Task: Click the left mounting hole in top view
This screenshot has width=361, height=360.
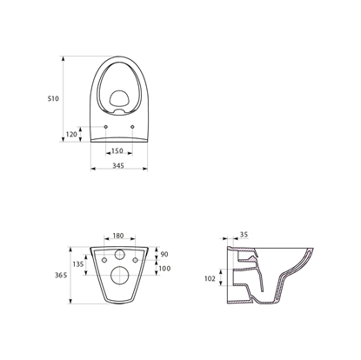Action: pyautogui.click(x=105, y=126)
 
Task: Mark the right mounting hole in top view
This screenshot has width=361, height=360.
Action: pyautogui.click(x=131, y=126)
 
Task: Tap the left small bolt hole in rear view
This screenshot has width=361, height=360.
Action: pyautogui.click(x=104, y=259)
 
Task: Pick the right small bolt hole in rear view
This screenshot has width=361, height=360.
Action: pyautogui.click(x=137, y=259)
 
